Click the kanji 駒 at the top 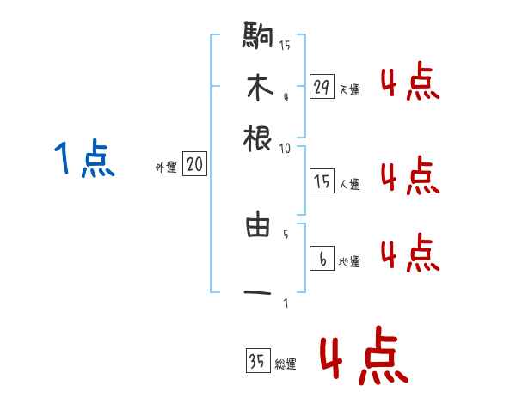click(258, 36)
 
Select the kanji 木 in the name click(258, 88)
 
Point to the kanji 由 click(258, 226)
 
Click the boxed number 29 click(322, 86)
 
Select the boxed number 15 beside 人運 click(322, 181)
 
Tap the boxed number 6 click(322, 260)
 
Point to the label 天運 click(349, 89)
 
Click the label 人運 click(349, 184)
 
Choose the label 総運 click(286, 365)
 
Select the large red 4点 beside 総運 click(363, 358)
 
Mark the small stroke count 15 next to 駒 click(285, 46)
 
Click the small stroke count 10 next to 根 click(285, 148)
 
